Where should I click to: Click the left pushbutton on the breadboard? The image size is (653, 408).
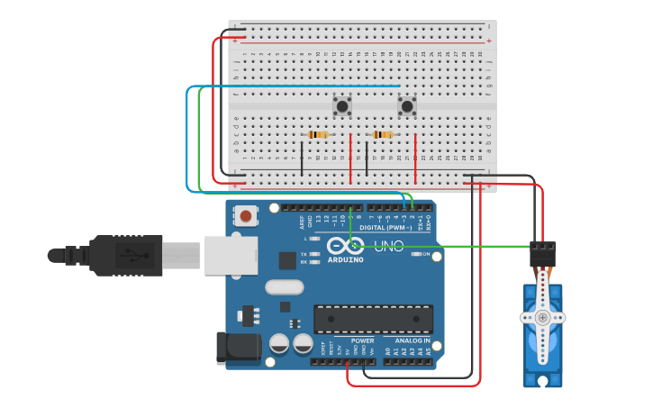342,106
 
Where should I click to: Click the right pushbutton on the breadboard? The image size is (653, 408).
407,107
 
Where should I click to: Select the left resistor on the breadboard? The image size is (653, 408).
318,135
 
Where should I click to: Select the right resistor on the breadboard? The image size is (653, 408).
383,135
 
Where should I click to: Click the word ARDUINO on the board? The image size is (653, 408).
346,259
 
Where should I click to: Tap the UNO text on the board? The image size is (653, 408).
388,245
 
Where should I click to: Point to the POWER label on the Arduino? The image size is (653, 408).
362,341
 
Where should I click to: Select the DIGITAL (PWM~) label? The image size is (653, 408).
389,228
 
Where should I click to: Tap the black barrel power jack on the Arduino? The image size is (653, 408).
237,349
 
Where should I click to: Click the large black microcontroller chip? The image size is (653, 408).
373,318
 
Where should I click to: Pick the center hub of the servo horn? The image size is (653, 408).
542,317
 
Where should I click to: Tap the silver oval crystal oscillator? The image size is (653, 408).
284,287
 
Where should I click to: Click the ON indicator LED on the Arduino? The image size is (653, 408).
415,254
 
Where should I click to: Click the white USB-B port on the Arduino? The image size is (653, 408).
231,255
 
